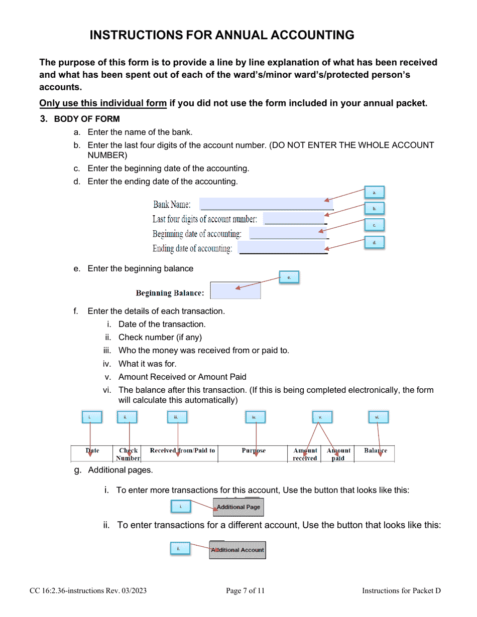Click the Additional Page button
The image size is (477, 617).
[x=238, y=507]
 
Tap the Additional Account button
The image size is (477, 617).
[x=237, y=550]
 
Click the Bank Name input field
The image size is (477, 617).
[x=266, y=204]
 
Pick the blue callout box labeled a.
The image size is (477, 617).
[x=374, y=193]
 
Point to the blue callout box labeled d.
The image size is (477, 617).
[x=374, y=243]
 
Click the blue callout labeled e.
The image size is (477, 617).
[x=289, y=277]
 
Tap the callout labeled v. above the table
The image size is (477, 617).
[x=320, y=417]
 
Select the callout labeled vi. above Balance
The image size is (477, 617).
[x=377, y=417]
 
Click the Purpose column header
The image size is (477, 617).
[x=254, y=450]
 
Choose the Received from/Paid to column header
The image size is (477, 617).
[x=182, y=450]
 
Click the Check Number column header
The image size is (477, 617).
[x=129, y=454]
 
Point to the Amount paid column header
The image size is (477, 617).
[x=338, y=454]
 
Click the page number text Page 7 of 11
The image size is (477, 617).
[x=245, y=591]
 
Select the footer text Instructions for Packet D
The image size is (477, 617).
[x=401, y=591]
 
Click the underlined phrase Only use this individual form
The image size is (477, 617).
[x=103, y=104]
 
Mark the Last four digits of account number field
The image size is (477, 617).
[x=294, y=219]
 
